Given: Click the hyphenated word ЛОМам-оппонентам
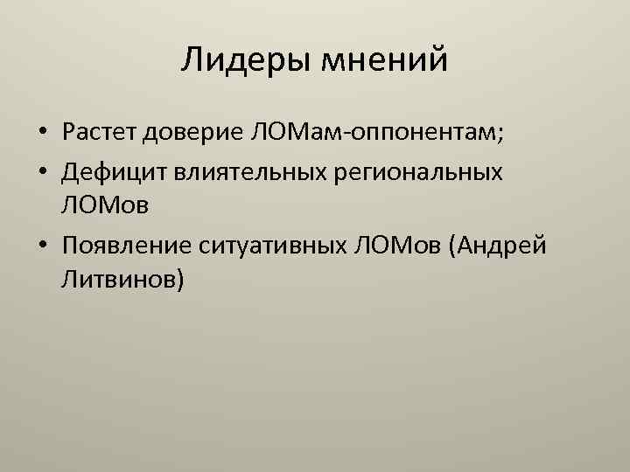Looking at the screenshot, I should pyautogui.click(x=373, y=134).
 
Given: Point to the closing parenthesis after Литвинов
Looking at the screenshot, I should pyautogui.click(x=179, y=281).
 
